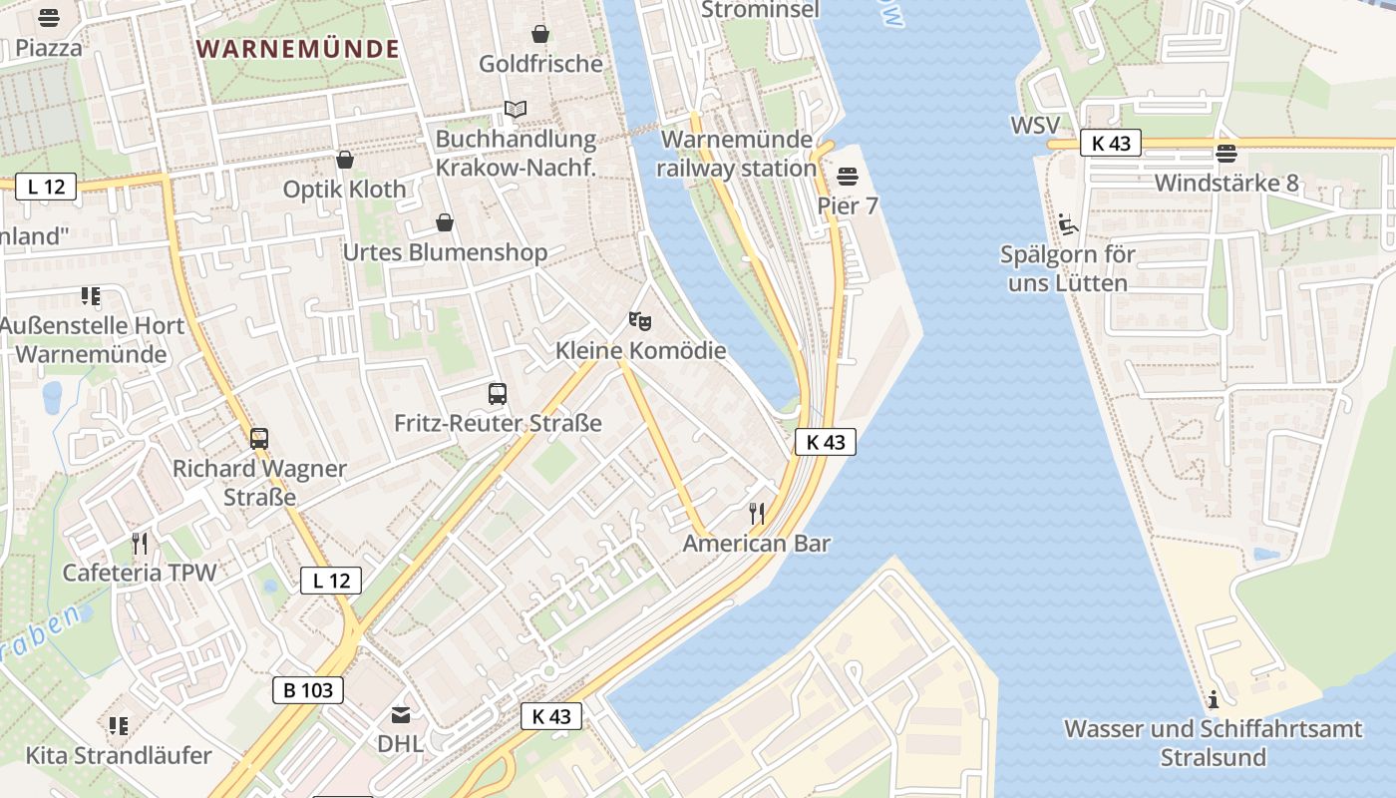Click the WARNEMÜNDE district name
coord(298,49)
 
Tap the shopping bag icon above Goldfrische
coord(540,34)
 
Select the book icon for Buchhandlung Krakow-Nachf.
coord(515,109)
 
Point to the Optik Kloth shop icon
coord(345,160)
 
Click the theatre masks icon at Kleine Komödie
coord(640,321)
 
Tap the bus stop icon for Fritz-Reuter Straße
coord(498,394)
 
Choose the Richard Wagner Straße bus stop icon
coord(259,438)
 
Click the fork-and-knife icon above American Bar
coord(757,514)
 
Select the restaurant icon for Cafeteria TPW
coord(140,543)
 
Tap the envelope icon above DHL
coord(400,714)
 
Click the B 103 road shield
coord(308,689)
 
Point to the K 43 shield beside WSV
coord(1111,143)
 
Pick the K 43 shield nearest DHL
coord(551,715)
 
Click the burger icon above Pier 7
coord(848,177)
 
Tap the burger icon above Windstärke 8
coord(1226,153)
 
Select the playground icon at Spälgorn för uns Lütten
coord(1067,223)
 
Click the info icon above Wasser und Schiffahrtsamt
coord(1213,698)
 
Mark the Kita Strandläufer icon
coord(119,725)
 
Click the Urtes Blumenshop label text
coord(445,252)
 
